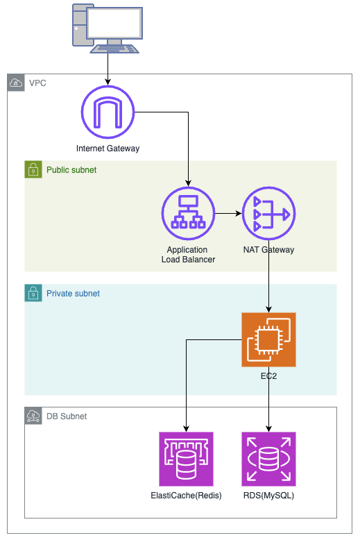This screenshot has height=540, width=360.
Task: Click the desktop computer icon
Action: coord(108,28)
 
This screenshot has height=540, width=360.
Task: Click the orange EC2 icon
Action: coord(269,339)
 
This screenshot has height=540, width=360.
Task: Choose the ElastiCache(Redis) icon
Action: coord(186,459)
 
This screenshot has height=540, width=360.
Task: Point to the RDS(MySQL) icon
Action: coord(269,459)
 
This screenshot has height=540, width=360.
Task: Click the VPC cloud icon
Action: coord(16,83)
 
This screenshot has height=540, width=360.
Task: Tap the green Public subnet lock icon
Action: coord(33,169)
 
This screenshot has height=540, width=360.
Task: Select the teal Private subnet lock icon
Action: coord(33,293)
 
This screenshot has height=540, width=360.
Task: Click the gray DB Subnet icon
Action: coord(33,416)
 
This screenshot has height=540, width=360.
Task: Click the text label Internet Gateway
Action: coord(108,149)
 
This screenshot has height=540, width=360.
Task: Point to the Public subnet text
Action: coord(71,170)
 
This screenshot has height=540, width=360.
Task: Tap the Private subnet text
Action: coord(73,294)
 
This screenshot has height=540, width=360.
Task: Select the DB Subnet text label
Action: coord(67,416)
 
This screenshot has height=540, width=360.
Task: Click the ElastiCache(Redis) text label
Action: coord(186,496)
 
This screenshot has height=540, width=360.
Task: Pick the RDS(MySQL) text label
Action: coord(269,496)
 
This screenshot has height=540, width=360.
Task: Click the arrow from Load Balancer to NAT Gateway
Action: coord(228,214)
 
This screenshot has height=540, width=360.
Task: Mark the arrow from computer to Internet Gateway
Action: coord(108,69)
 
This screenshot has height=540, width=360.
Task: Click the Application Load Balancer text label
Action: coord(188,255)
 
